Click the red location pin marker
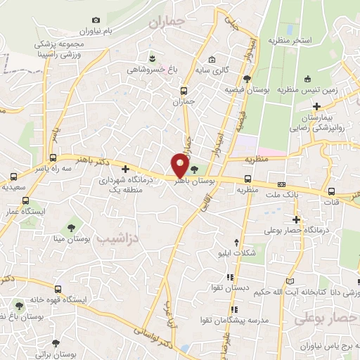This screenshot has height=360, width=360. click(180, 165)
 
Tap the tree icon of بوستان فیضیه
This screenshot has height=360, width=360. click(247, 78)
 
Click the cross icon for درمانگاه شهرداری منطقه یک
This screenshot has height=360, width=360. click(126, 169)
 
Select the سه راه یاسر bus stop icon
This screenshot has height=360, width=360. click(53, 157)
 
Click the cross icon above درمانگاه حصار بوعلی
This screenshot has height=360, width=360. click(297, 219)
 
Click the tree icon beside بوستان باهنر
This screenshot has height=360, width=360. click(195, 168)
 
